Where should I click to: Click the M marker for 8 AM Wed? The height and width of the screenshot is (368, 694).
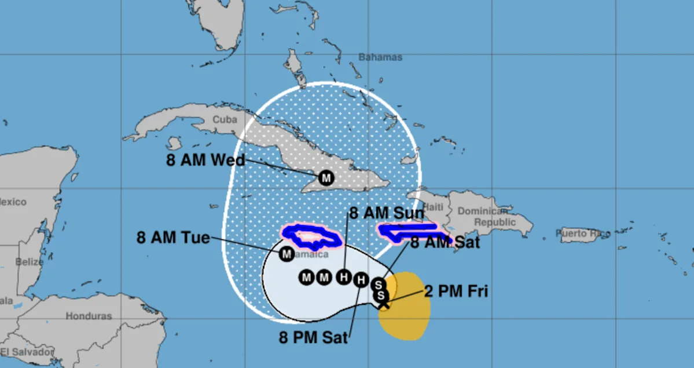tap(326, 177)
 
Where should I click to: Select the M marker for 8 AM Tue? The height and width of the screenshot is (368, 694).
tap(287, 253)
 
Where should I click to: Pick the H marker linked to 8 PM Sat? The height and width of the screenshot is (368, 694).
tap(361, 280)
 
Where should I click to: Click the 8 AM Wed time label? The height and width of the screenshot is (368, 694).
tap(205, 160)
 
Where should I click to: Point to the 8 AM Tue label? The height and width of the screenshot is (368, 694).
tap(173, 237)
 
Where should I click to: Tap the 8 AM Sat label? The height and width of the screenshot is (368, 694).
tap(445, 242)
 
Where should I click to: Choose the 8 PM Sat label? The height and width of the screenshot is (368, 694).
tap(313, 337)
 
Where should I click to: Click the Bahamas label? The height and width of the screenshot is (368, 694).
tap(380, 57)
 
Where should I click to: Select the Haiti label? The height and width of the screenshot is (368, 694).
tap(433, 207)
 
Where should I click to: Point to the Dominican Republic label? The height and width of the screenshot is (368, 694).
tap(486, 216)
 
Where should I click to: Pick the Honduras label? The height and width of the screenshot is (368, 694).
tap(89, 316)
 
